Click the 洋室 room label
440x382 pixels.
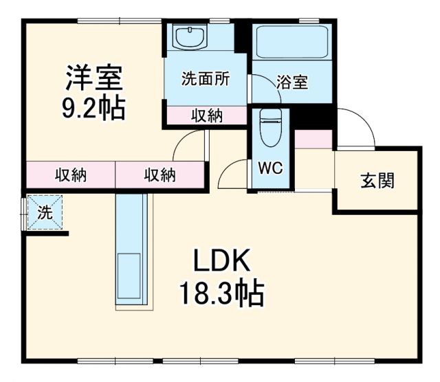(94, 78)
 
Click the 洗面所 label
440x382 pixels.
(205, 79)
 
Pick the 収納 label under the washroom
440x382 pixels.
(206, 116)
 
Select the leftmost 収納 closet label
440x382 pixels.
(70, 175)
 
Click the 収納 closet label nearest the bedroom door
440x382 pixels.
(159, 175)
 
